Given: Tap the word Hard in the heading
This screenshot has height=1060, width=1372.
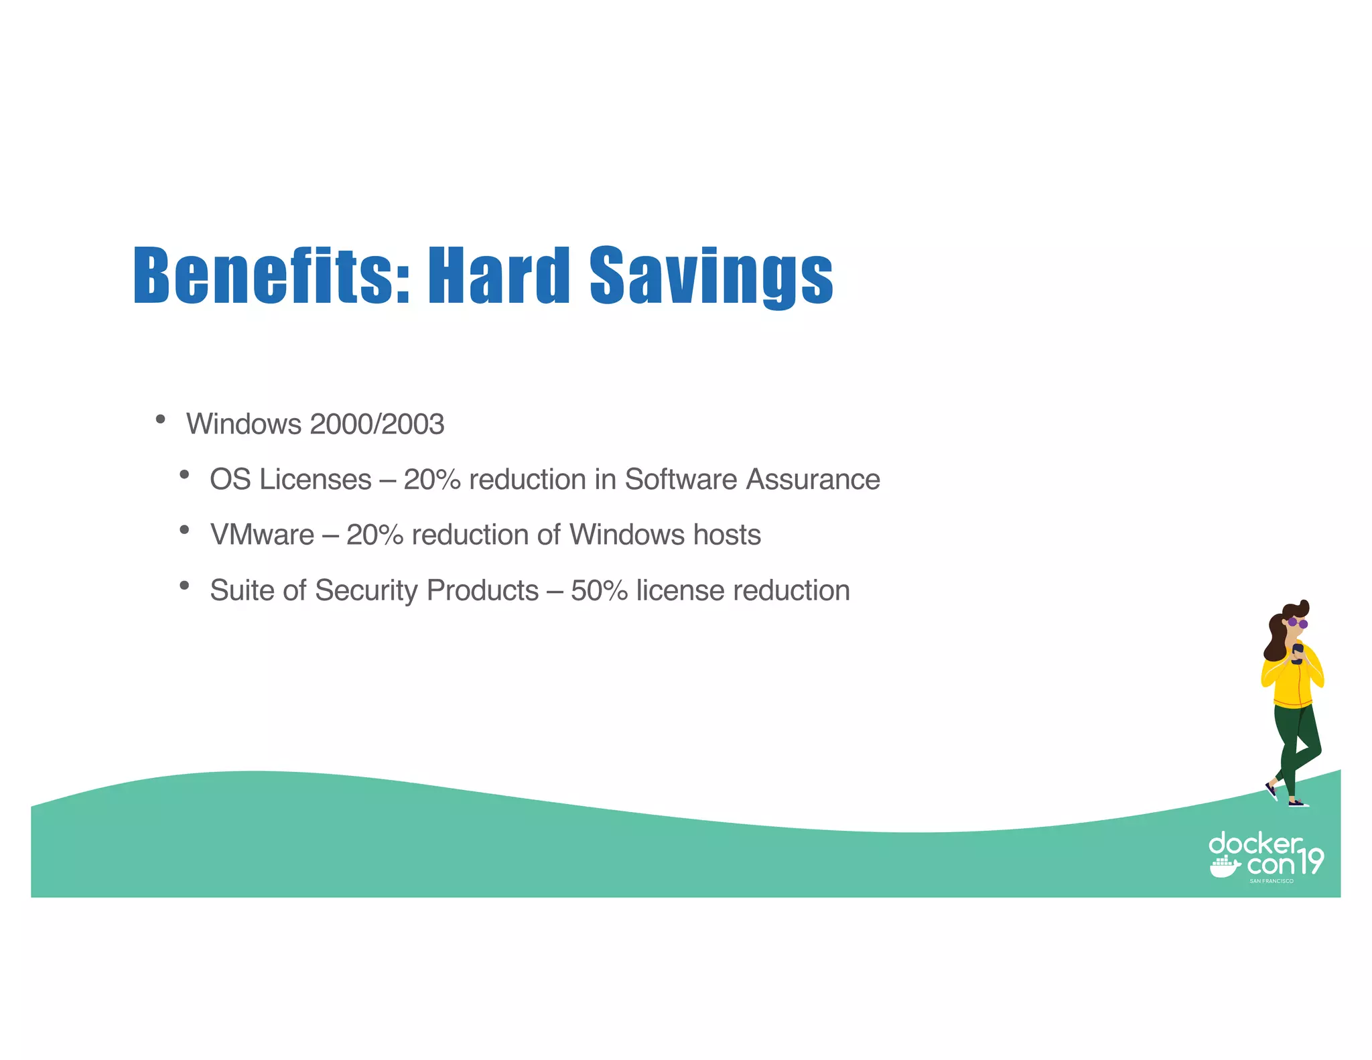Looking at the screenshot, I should (498, 275).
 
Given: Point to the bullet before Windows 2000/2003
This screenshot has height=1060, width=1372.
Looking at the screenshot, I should (160, 419).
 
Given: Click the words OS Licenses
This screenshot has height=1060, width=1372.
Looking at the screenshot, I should (290, 480).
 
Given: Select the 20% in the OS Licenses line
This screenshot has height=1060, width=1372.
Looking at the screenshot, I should (431, 480).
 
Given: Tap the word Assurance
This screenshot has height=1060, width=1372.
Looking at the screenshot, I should (813, 480).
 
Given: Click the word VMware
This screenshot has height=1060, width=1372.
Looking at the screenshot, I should (262, 535).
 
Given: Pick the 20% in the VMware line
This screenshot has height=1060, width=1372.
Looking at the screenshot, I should (374, 535).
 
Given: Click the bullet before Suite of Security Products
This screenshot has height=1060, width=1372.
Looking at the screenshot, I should (184, 586).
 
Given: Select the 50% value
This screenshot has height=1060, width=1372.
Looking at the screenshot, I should (599, 591).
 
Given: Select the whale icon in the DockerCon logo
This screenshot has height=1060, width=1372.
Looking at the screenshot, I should (1225, 867).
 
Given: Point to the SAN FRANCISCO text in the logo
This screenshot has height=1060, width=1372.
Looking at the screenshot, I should (1271, 881).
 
